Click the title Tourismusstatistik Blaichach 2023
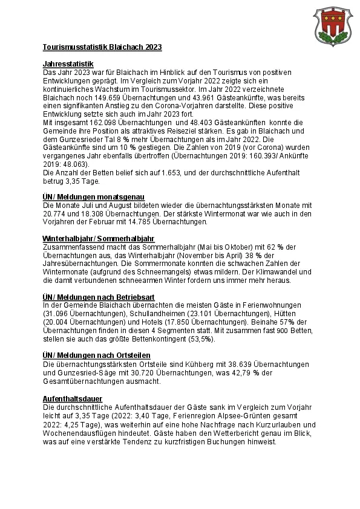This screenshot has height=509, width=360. pos(102,47)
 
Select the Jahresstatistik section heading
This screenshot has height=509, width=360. pos(68,63)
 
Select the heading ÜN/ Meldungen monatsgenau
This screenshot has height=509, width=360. pos(93,197)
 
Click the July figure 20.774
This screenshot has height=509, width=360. pos(56,214)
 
